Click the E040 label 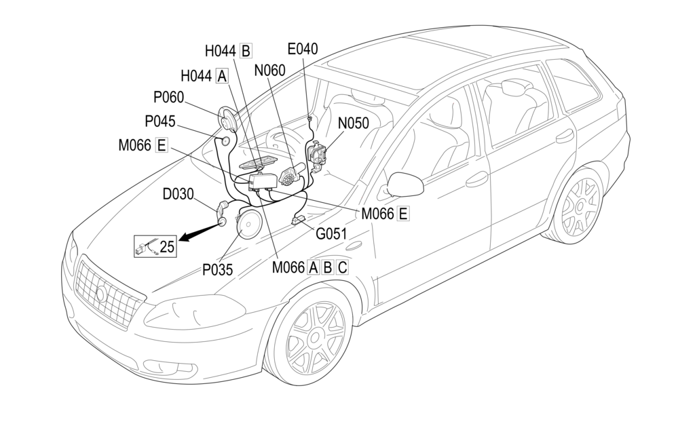pyautogui.click(x=303, y=49)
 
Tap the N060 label pyautogui.click(x=269, y=71)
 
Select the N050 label pyautogui.click(x=353, y=123)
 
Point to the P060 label pyautogui.click(x=168, y=97)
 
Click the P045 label pyautogui.click(x=160, y=121)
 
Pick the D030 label pyautogui.click(x=179, y=194)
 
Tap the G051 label pyautogui.click(x=331, y=233)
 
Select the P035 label pyautogui.click(x=218, y=269)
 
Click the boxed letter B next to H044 pyautogui.click(x=246, y=51)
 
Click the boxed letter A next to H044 pyautogui.click(x=222, y=76)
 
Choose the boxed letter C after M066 pyautogui.click(x=342, y=267)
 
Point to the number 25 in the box pyautogui.click(x=167, y=247)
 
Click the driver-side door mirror pyautogui.click(x=405, y=185)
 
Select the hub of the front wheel pyautogui.click(x=315, y=338)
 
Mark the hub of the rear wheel pyautogui.click(x=580, y=206)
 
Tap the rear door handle pyautogui.click(x=564, y=135)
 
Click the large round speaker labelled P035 pyautogui.click(x=248, y=224)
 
